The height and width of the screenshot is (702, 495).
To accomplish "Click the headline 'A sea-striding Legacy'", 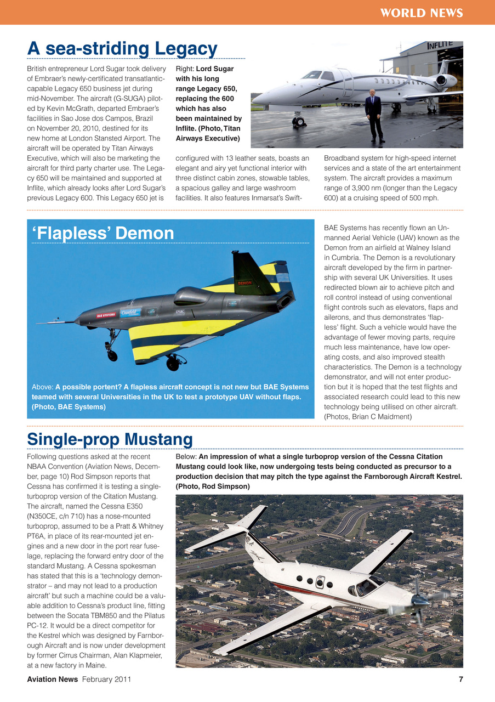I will tap(122, 49).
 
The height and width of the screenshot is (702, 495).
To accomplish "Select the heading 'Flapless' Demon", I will tap(104, 234).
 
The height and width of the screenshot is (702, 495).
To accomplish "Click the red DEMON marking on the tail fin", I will tap(244, 283).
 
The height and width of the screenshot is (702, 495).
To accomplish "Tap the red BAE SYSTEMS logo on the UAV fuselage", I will tap(106, 315).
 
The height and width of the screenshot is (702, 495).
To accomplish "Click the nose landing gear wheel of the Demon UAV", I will tap(112, 355).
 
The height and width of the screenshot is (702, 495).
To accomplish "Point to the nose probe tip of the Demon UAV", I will tap(38, 323).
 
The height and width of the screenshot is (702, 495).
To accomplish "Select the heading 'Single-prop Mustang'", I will tap(110, 439).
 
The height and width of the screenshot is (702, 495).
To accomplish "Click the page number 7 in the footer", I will tap(460, 680).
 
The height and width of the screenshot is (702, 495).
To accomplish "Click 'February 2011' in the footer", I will tap(107, 680).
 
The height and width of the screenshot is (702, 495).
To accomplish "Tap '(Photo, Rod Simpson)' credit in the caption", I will tap(213, 486).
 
